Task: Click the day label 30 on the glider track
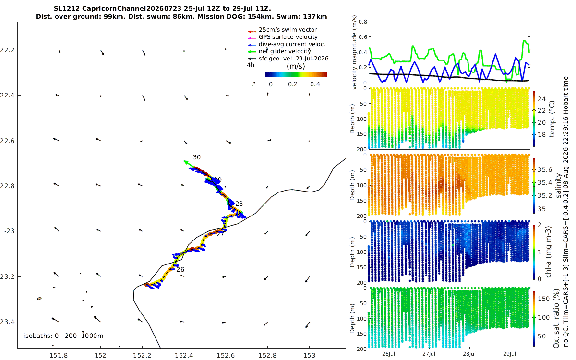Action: click(x=197, y=157)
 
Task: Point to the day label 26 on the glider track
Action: click(x=180, y=269)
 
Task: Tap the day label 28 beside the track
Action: click(x=239, y=204)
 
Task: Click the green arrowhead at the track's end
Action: click(x=185, y=162)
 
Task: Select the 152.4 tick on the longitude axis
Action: click(x=184, y=355)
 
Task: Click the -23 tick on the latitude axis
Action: click(x=9, y=231)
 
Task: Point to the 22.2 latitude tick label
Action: click(x=7, y=50)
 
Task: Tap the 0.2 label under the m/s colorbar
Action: click(x=293, y=84)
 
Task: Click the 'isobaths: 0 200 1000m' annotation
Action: click(x=63, y=336)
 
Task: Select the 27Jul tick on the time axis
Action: click(x=429, y=354)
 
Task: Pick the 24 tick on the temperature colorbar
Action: click(x=541, y=99)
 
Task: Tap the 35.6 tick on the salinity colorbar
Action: click(x=545, y=170)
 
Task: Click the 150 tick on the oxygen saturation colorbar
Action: click(x=543, y=299)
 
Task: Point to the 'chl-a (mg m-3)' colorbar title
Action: click(x=548, y=252)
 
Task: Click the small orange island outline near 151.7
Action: click(x=39, y=299)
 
